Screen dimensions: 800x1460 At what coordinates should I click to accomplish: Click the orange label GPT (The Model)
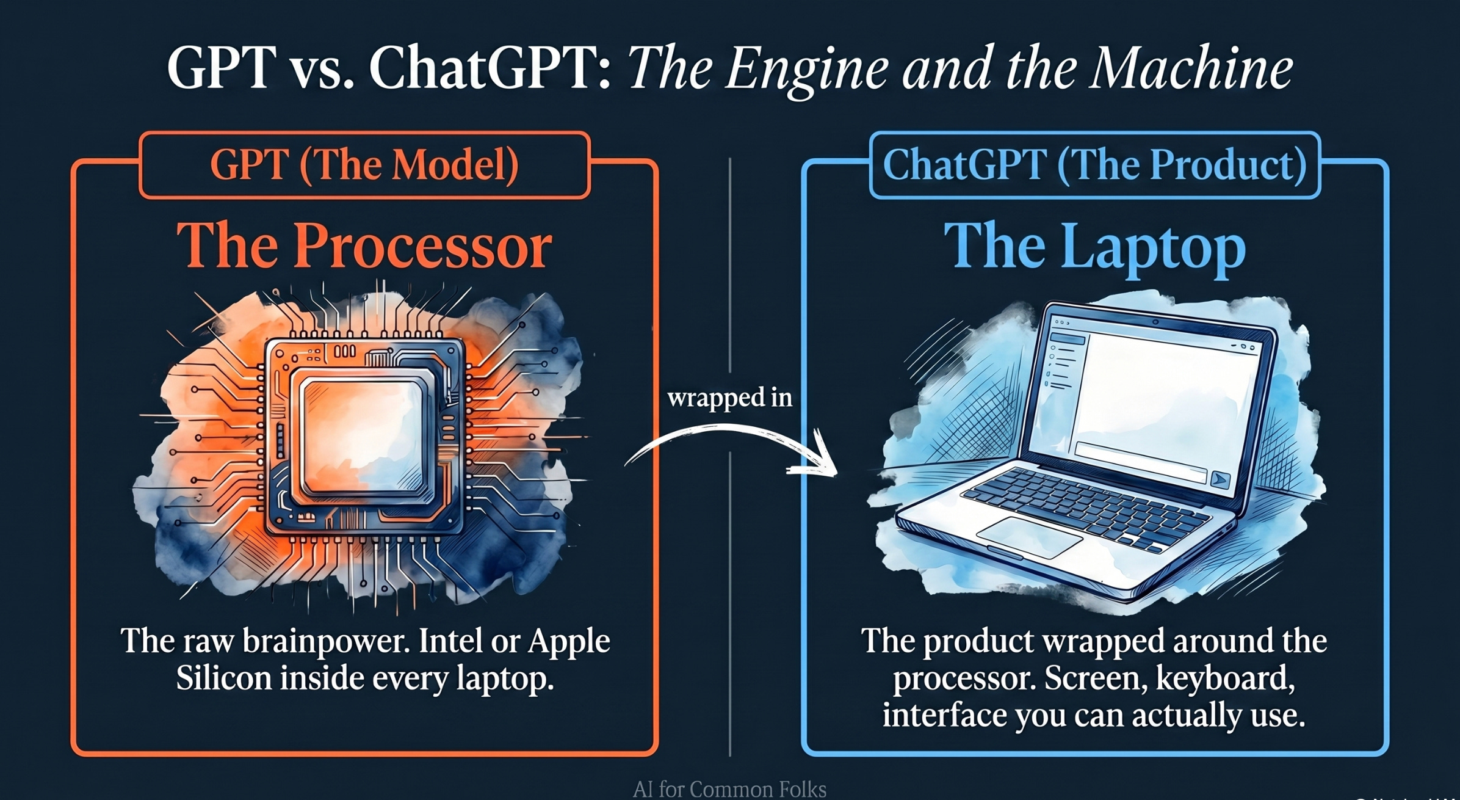tap(364, 165)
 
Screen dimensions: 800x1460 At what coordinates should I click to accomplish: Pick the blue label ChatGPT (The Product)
tap(1094, 165)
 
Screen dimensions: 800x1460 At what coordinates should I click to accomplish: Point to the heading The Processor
tap(364, 245)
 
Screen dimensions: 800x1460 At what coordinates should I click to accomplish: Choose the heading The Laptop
tap(1094, 245)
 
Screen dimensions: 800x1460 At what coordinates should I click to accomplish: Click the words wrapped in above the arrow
tap(730, 398)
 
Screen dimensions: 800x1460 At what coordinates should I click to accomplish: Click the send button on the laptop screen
tap(1220, 479)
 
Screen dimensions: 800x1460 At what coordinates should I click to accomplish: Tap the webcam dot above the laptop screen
tap(1155, 322)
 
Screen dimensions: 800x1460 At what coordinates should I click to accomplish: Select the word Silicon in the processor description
tap(223, 678)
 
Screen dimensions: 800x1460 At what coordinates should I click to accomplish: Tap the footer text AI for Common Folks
tap(729, 789)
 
